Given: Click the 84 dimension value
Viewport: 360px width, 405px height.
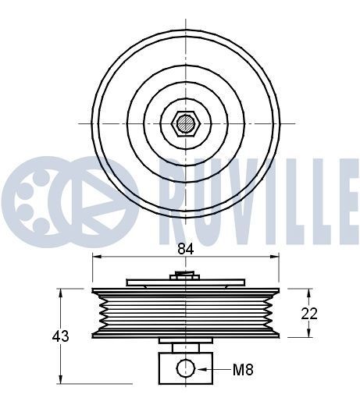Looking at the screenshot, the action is coord(186,249).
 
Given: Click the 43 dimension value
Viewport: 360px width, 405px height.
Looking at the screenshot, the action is coord(61,336).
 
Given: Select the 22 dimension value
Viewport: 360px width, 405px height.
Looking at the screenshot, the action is coord(309,314).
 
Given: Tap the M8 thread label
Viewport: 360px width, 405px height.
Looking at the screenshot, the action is coord(243,369).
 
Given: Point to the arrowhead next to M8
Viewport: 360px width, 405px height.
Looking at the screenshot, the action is coord(202,369).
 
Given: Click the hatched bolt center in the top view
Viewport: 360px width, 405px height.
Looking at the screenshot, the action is coord(186,123).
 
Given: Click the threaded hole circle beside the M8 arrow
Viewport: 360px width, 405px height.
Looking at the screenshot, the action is coord(186,368).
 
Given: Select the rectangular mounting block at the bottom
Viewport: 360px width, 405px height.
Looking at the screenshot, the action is coord(186,368).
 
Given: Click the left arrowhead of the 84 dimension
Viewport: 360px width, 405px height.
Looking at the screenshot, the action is coord(97,257).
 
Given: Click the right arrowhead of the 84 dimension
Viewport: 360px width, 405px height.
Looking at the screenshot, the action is coord(274,257).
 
